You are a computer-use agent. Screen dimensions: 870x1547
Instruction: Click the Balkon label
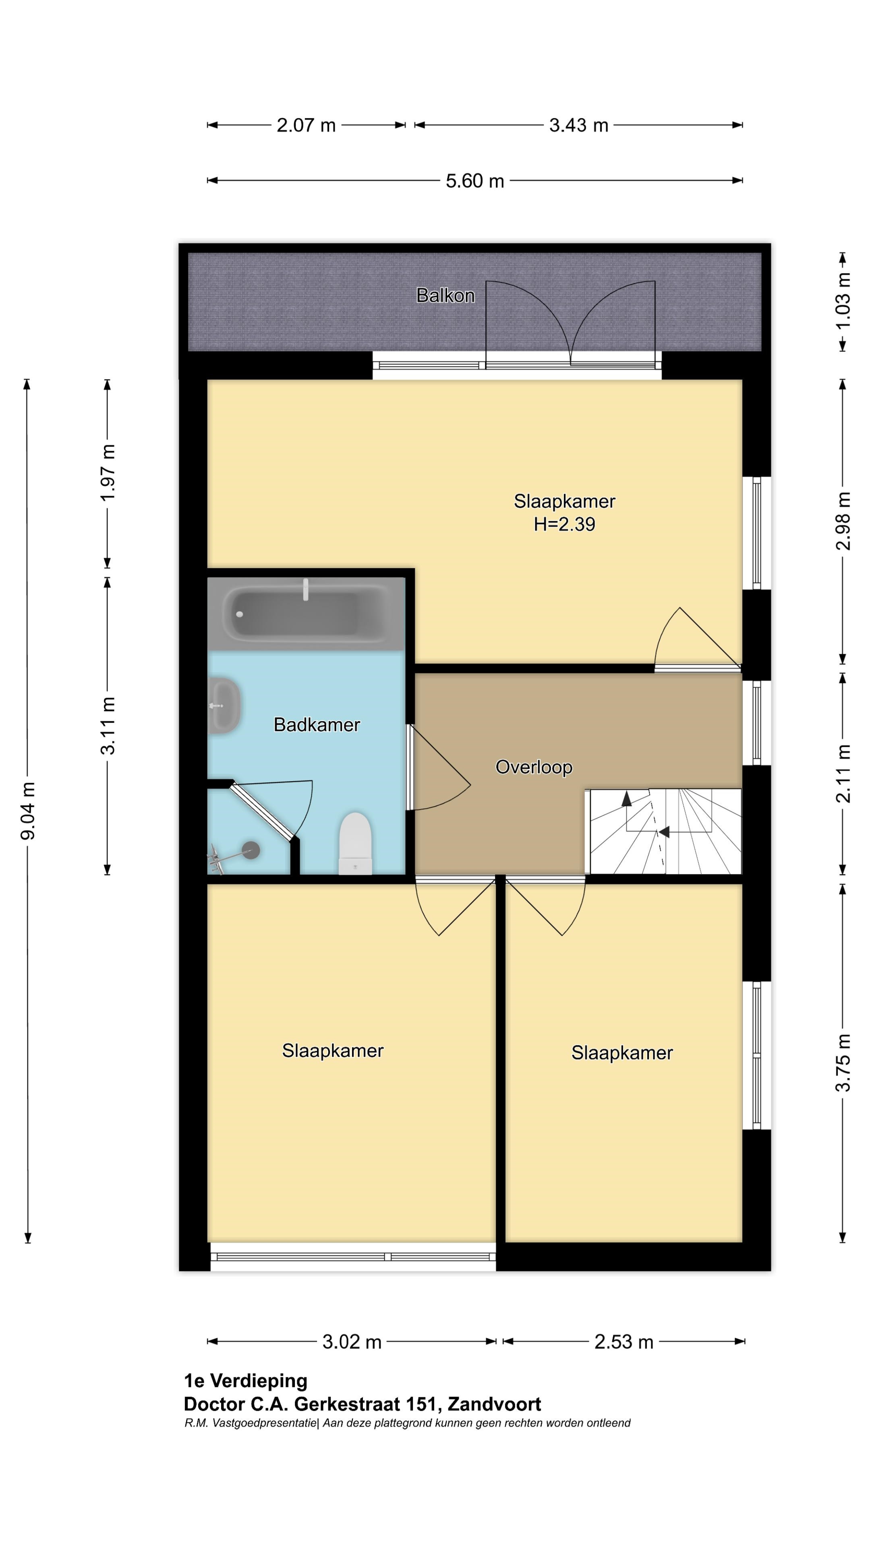445,295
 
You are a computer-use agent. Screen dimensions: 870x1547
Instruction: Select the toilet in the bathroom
355,843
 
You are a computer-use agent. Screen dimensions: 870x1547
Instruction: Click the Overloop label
534,767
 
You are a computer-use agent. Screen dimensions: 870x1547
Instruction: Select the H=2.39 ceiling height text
564,524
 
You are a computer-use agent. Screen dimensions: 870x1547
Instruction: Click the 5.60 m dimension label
474,181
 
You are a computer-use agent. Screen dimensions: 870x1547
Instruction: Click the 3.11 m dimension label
108,726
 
